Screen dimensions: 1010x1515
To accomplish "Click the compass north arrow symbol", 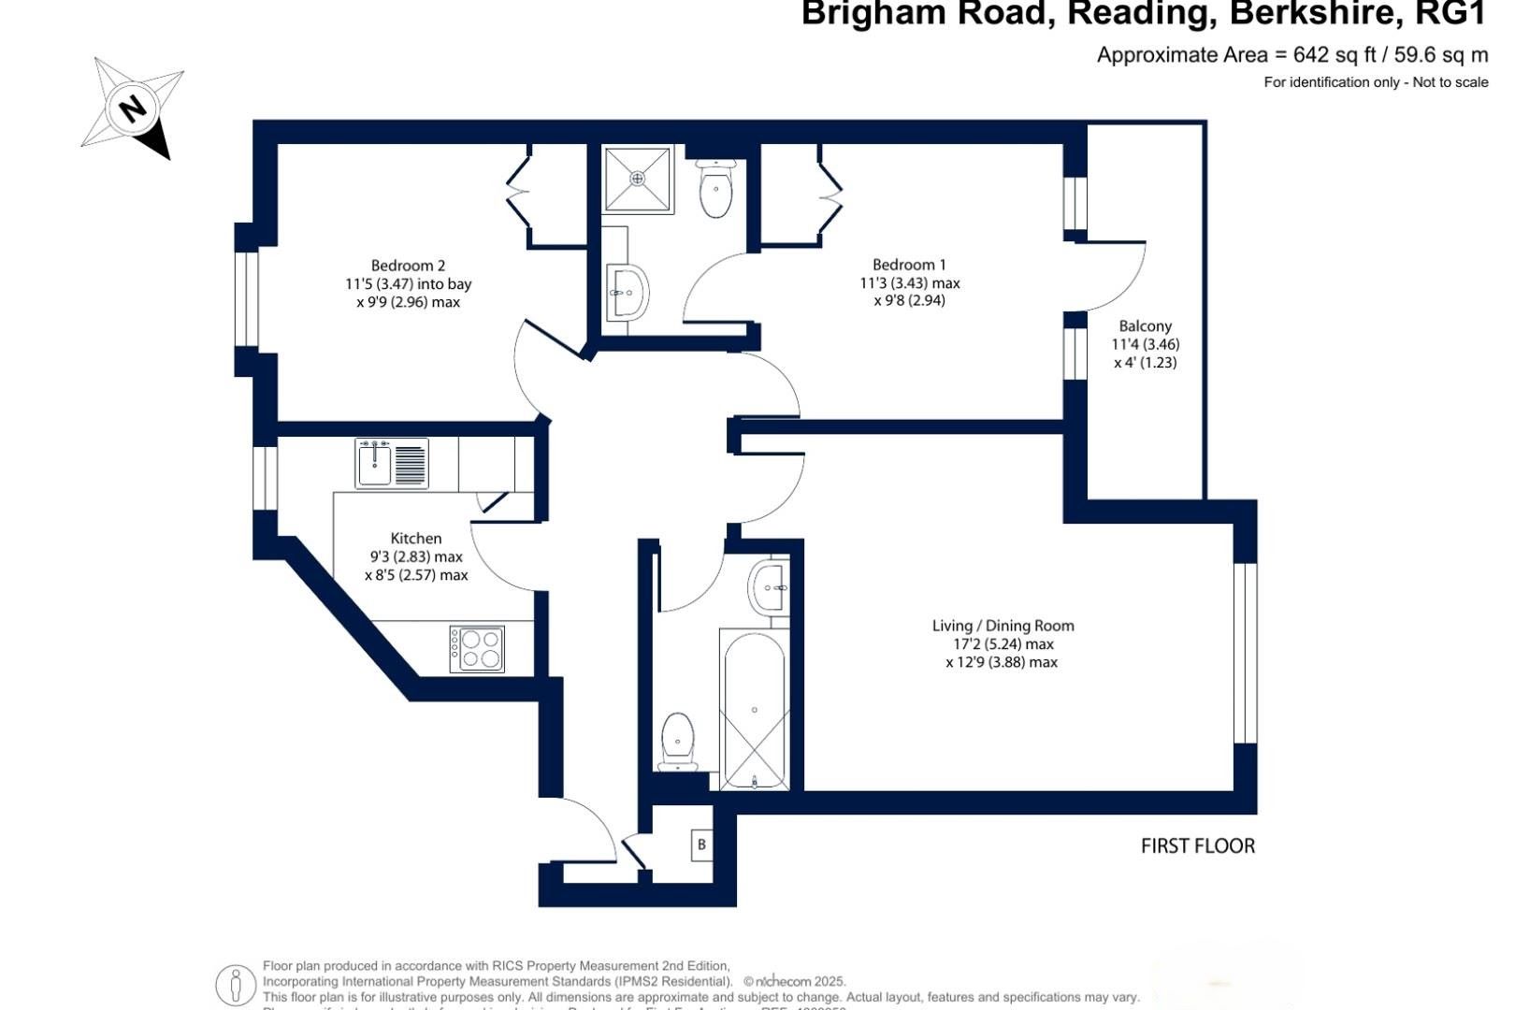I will (x=133, y=108).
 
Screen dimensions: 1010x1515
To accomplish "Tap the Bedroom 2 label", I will (x=408, y=266).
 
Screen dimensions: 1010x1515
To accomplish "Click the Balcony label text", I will (x=1145, y=326).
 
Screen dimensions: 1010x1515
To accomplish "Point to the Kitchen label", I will (x=416, y=539).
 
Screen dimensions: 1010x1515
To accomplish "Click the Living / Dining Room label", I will (x=1003, y=626).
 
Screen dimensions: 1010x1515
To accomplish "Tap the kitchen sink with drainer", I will (x=392, y=463).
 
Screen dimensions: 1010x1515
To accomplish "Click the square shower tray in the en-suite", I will (x=637, y=178).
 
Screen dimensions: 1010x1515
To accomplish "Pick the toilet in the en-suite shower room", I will (x=716, y=190).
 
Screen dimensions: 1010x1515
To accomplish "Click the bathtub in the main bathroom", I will (x=754, y=709).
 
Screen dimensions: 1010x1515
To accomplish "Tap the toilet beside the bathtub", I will (x=677, y=742).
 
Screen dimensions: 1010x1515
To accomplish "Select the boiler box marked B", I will (x=701, y=844).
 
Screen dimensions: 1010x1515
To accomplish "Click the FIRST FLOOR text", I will (x=1197, y=846).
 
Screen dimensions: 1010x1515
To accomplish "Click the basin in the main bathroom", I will (x=770, y=587).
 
